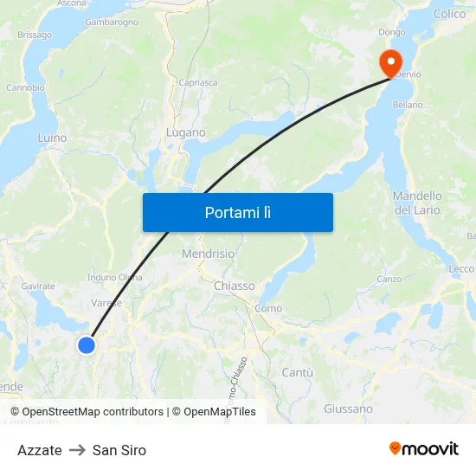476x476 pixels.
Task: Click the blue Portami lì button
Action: pos(237,212)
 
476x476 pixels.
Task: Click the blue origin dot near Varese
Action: pos(87,345)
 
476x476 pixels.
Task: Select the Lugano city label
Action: pos(186,132)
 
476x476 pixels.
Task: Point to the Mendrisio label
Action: pos(208,254)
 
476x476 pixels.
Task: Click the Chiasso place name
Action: pos(234,286)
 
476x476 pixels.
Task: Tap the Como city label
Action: pos(268,308)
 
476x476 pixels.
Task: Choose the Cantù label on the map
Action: pos(297,372)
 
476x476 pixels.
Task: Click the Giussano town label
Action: pos(348,408)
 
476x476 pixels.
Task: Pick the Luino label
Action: pos(52,138)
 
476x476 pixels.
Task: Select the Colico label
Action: pos(449,14)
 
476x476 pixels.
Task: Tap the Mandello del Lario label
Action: pos(417,203)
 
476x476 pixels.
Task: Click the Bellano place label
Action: pos(408,105)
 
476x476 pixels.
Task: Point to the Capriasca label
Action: pos(198,82)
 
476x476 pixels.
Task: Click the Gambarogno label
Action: pos(112,23)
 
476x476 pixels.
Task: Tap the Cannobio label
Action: pos(25,87)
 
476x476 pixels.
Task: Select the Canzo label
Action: pos(390,279)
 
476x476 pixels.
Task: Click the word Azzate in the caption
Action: pos(40,450)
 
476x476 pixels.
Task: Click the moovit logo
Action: pos(423,448)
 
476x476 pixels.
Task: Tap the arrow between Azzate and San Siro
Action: pos(77,450)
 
